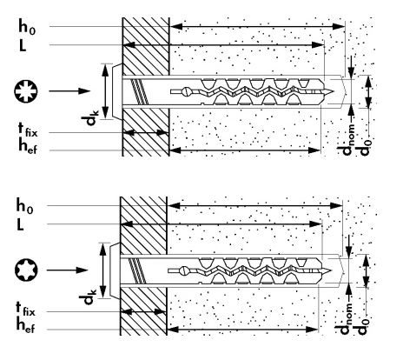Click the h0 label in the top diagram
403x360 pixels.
[x=27, y=26]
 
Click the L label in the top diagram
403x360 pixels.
[x=23, y=45]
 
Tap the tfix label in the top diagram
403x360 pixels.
[x=28, y=130]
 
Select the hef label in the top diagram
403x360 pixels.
[x=28, y=145]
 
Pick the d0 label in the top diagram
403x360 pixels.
[x=363, y=147]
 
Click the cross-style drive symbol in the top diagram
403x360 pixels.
[x=25, y=91]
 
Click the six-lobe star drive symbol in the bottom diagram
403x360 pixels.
[x=26, y=270]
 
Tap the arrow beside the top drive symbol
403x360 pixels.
[x=69, y=91]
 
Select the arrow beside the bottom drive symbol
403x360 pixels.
[x=67, y=270]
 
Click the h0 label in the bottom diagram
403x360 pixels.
[x=24, y=205]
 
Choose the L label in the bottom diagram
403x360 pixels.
[x=20, y=224]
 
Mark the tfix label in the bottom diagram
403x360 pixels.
[x=25, y=309]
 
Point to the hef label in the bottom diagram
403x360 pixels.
[x=25, y=324]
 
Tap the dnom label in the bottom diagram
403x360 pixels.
[x=343, y=319]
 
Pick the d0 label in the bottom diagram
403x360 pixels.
[x=360, y=326]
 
